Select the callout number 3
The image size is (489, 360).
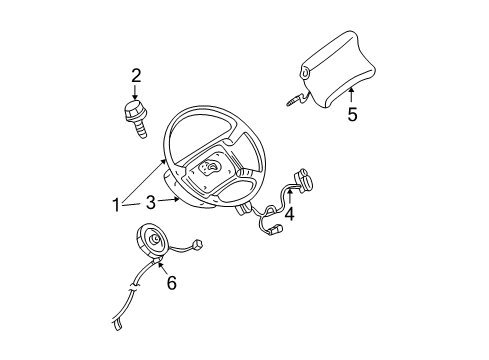coord(149,202)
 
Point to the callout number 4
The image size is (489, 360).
coord(289,212)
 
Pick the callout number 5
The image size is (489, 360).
coord(351,114)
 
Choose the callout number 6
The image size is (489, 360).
coord(171,283)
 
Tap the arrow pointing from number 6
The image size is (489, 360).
coord(163,265)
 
